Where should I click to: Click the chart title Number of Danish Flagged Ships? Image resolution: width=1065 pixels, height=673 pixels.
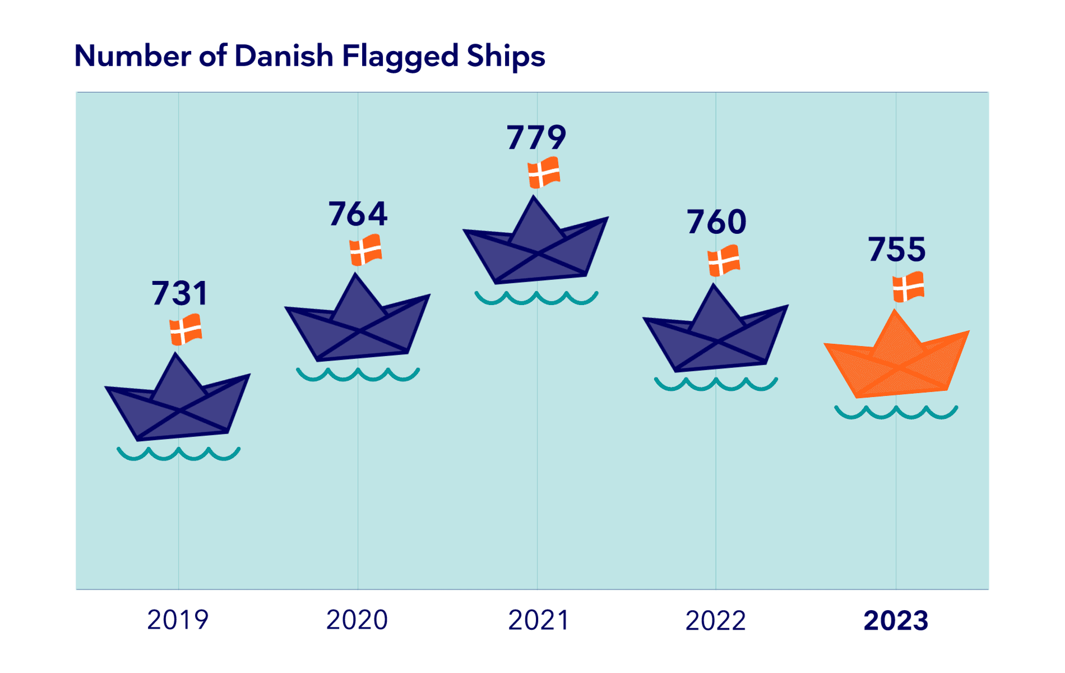[309, 57]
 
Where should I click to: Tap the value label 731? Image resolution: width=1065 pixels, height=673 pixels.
[179, 293]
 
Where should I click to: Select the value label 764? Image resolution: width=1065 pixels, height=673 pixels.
[358, 214]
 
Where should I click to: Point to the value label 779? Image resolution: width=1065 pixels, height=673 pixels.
[536, 138]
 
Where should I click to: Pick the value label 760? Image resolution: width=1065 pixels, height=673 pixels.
[716, 222]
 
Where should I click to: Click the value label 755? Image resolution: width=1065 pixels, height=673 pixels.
[897, 250]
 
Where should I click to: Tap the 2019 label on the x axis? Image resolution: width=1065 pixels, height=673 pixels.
[178, 620]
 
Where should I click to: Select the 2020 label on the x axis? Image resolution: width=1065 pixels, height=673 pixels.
[357, 620]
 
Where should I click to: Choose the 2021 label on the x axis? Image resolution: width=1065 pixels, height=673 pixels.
[538, 620]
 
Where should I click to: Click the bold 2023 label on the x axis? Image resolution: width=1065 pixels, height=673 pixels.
[896, 621]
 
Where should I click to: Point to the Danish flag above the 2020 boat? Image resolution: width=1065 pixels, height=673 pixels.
[365, 250]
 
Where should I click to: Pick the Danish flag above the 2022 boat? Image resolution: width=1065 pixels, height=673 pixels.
[724, 260]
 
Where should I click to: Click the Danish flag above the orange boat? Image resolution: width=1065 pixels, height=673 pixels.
[908, 287]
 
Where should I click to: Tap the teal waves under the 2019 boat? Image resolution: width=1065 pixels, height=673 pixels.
[178, 454]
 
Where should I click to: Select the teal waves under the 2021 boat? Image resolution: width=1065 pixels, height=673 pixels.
[536, 298]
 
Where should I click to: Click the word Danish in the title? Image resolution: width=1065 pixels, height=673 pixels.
[284, 57]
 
